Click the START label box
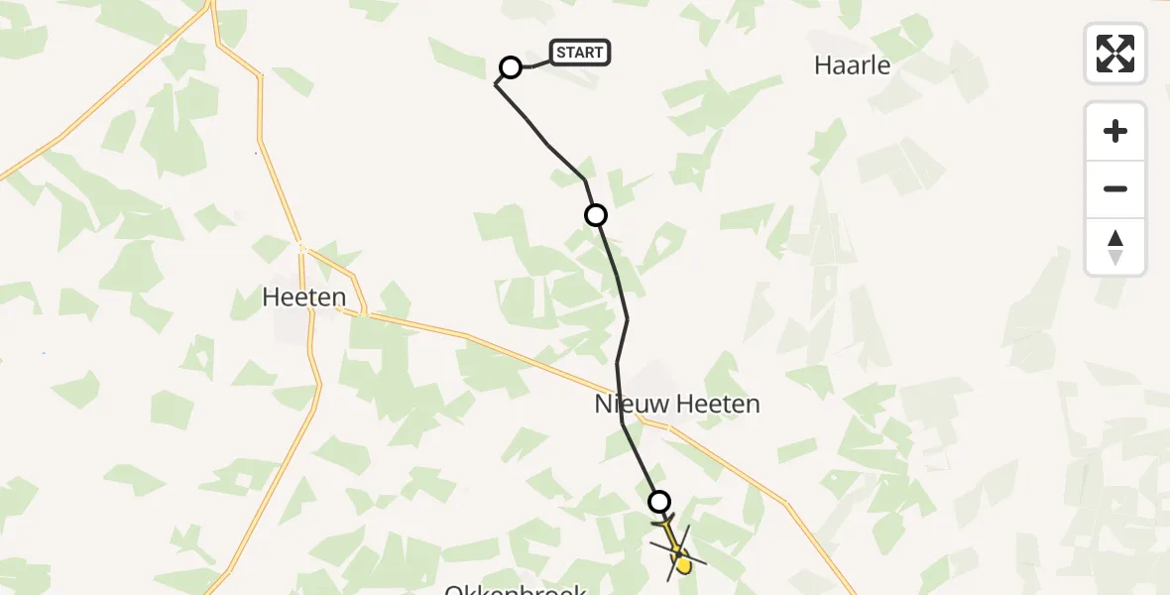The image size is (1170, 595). [x=580, y=53]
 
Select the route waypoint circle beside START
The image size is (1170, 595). [x=510, y=67]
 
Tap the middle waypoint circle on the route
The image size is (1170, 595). [x=596, y=214]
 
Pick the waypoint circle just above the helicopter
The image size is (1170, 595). [x=658, y=502]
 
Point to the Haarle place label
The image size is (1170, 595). [x=852, y=66]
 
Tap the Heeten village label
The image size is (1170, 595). [x=304, y=297]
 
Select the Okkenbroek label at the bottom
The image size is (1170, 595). [x=516, y=589]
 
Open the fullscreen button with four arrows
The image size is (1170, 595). [x=1115, y=54]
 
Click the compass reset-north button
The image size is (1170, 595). [x=1115, y=247]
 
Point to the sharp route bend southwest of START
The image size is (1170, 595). [x=496, y=85]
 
